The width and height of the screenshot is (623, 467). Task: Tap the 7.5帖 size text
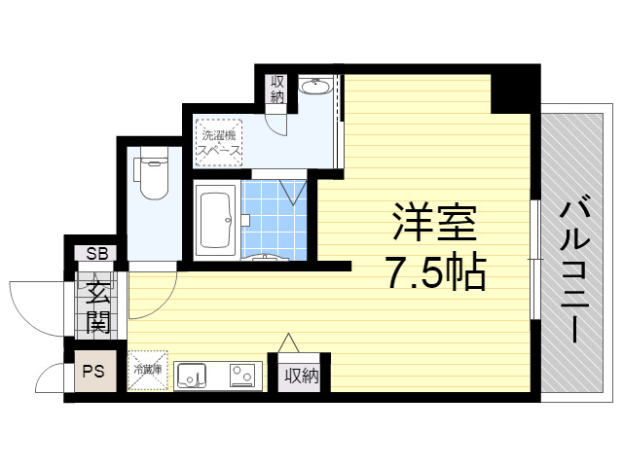tap(436, 272)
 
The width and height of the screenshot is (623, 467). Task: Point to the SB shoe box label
tap(97, 253)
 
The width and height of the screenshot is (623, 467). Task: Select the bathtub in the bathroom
tap(216, 221)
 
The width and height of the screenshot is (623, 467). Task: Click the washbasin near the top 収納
tap(315, 87)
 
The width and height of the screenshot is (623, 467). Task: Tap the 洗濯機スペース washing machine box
tap(218, 143)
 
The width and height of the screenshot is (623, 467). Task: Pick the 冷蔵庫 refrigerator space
tap(148, 371)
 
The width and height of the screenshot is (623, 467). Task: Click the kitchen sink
tap(192, 376)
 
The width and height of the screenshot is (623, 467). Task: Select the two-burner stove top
tap(241, 376)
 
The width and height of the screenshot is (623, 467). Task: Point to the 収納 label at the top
tap(277, 90)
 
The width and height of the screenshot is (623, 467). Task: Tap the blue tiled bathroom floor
tap(275, 221)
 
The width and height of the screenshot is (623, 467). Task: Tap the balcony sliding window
tap(534, 260)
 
